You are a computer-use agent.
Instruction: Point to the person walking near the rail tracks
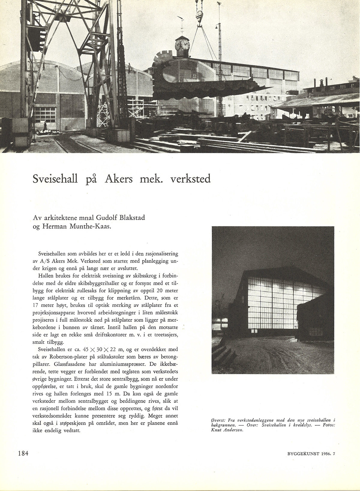click(x=45, y=125)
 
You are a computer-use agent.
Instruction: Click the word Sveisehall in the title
click(x=55, y=179)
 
